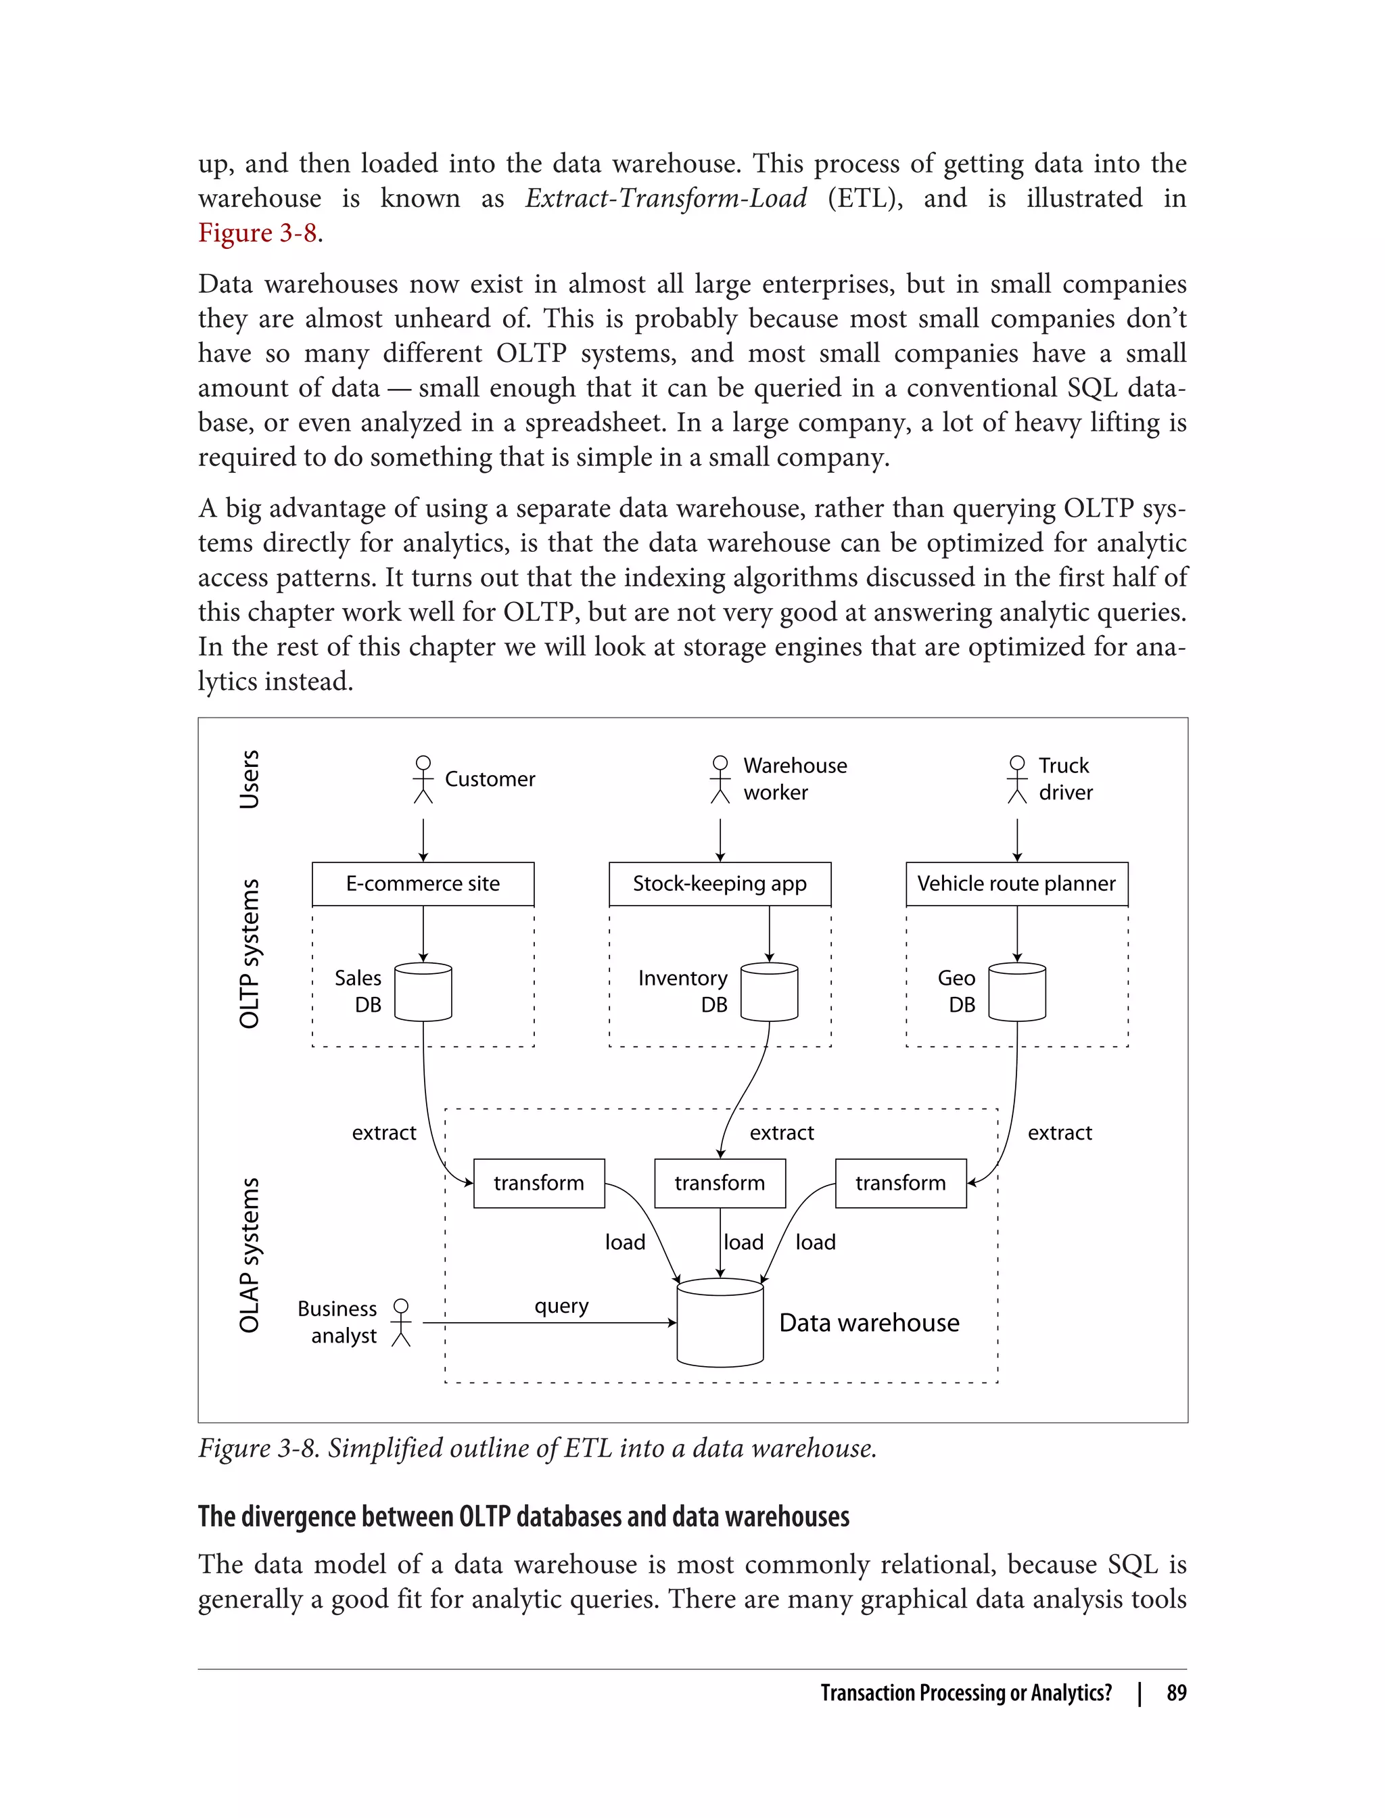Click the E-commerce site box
[423, 884]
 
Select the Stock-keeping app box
[720, 884]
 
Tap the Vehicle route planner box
[1016, 884]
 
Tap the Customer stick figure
[423, 779]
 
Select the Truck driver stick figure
[1017, 779]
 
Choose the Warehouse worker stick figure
[720, 779]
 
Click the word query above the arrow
[561, 1306]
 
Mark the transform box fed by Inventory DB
[720, 1183]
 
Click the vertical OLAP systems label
[249, 1255]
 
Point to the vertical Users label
[249, 779]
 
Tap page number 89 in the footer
[1177, 1693]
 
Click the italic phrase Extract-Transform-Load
[666, 199]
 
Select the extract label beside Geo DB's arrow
[1059, 1133]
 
